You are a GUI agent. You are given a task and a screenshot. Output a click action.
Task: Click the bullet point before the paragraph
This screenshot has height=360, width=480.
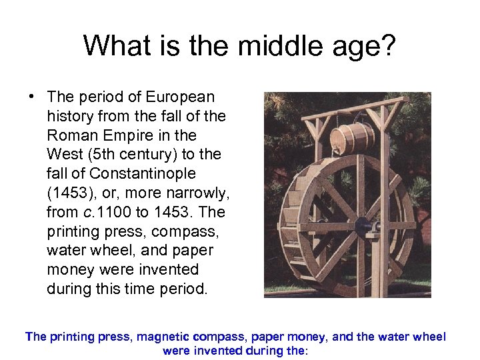coord(31,96)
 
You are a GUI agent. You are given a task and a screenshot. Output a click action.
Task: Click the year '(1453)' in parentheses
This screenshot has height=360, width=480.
coord(70,193)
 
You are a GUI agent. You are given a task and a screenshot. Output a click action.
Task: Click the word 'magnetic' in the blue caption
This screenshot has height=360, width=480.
coord(164,337)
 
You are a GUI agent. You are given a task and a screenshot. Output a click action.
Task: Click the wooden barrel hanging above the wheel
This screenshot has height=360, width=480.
coord(351,137)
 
